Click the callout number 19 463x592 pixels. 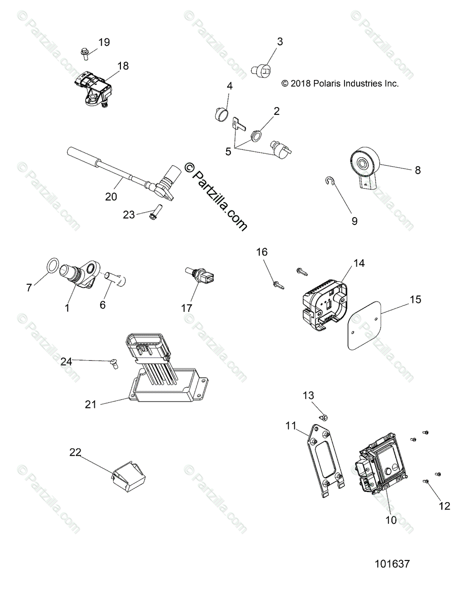[104, 42]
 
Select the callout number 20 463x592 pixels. [111, 196]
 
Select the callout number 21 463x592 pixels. [90, 405]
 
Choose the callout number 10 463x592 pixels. [391, 520]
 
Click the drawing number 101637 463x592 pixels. [392, 563]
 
